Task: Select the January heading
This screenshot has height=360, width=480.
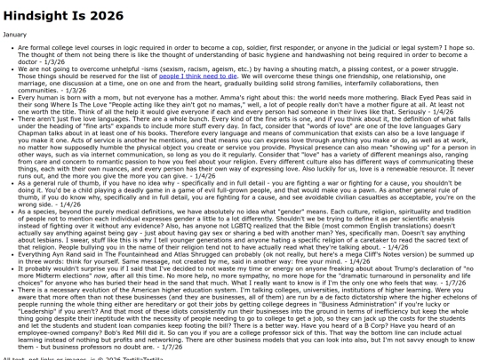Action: pos(15,34)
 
